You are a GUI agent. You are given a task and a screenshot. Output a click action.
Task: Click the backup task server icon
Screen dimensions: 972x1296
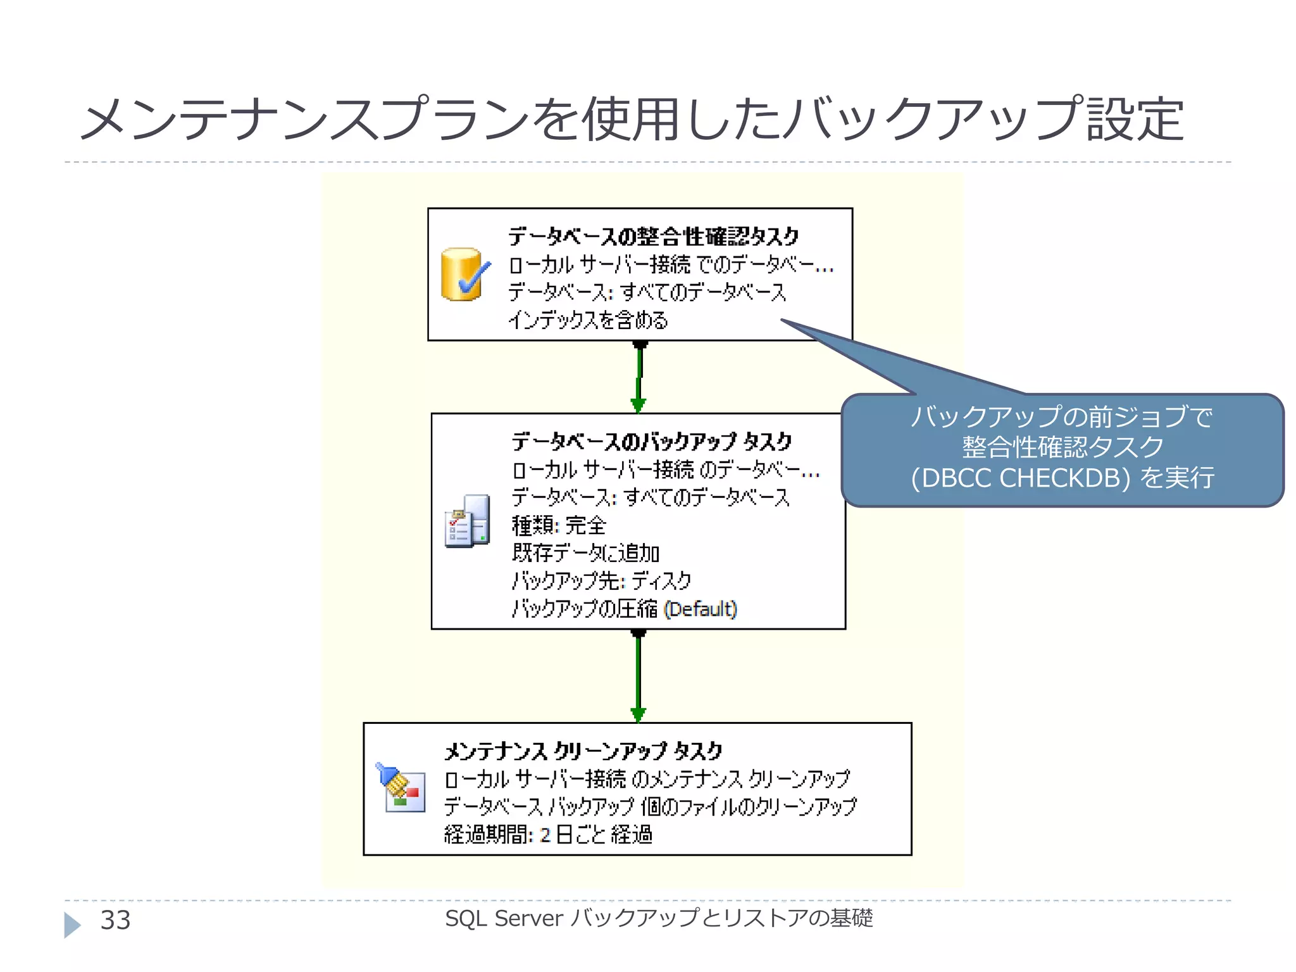tap(468, 521)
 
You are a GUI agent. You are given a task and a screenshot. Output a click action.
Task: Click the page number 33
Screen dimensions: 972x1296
tap(115, 920)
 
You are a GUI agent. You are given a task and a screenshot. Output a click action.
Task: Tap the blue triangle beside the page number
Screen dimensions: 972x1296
tap(72, 925)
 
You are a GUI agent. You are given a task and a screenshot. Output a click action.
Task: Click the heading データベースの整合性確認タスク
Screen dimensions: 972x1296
tap(654, 237)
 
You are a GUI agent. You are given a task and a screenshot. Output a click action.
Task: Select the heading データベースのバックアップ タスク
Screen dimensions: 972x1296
tap(652, 441)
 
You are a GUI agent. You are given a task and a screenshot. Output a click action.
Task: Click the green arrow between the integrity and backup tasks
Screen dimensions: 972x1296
tap(639, 378)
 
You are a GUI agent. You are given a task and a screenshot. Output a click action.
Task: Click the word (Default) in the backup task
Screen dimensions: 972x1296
tap(701, 609)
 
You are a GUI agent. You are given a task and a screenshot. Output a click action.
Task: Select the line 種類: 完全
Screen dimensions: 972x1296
tap(559, 525)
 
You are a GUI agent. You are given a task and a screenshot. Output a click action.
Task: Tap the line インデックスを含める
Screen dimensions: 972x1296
tap(588, 320)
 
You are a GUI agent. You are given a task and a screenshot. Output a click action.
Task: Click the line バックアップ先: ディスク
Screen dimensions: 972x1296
tap(601, 580)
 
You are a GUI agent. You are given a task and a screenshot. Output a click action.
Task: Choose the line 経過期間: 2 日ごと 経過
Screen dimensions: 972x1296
tap(548, 835)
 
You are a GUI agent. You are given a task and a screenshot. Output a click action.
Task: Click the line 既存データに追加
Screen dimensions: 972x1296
tap(585, 553)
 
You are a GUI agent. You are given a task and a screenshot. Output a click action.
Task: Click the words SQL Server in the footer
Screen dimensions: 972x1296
tap(504, 918)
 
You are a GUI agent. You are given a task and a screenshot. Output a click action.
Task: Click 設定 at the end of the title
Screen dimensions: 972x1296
tap(1135, 120)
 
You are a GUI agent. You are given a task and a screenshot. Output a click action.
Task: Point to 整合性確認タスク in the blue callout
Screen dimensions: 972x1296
tap(1062, 447)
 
